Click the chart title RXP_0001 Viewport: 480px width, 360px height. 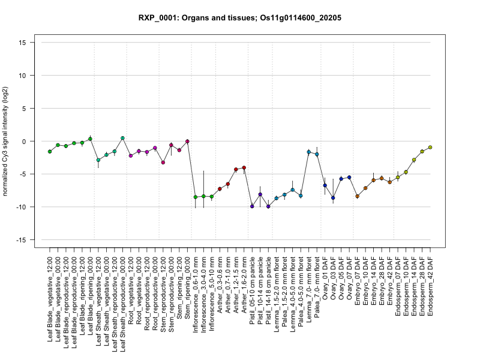click(x=240, y=18)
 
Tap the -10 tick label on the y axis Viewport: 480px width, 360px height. click(x=24, y=207)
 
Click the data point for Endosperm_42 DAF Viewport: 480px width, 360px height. click(x=430, y=147)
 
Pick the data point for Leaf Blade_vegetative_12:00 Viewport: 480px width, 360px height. click(x=50, y=151)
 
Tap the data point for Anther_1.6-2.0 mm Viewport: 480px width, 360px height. click(x=244, y=167)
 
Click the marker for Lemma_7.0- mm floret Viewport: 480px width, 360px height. click(x=309, y=152)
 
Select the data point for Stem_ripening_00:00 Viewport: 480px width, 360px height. click(x=187, y=142)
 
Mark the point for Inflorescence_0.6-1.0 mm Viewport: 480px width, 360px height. click(x=196, y=197)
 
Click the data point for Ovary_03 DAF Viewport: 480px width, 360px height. click(x=333, y=197)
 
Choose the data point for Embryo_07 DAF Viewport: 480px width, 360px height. click(x=357, y=196)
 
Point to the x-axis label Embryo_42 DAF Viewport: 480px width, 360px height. click(x=390, y=282)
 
